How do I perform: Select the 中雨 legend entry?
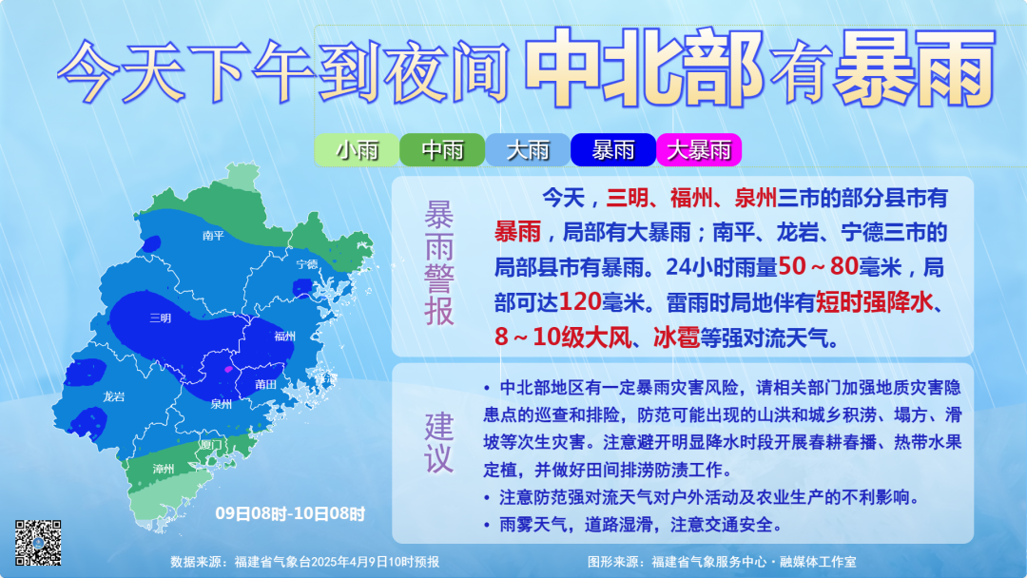[x=442, y=150]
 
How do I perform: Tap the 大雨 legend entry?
[x=528, y=150]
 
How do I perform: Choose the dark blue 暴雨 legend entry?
[x=613, y=150]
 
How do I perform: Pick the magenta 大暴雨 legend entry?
[x=699, y=150]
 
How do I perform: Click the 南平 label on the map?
[x=213, y=236]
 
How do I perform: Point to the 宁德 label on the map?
[x=306, y=264]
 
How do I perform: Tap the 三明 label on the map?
[x=161, y=318]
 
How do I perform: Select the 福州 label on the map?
[x=284, y=337]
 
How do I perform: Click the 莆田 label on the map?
[x=265, y=384]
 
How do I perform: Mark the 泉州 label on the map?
[x=222, y=404]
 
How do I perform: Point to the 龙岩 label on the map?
[x=114, y=395]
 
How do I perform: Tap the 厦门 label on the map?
[x=211, y=444]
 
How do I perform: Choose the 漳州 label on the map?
[x=164, y=469]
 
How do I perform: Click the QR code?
[x=38, y=544]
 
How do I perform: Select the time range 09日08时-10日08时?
[x=290, y=513]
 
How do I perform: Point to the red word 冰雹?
[x=675, y=337]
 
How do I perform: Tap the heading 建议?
[x=439, y=442]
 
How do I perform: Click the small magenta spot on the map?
[x=227, y=368]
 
